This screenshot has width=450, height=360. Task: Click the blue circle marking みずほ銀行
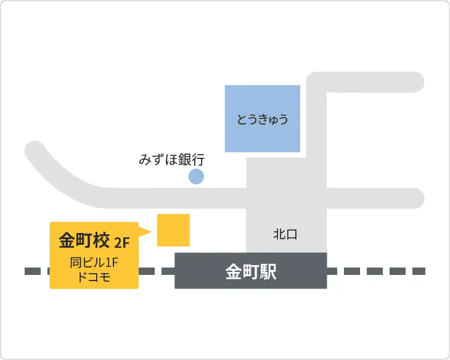point(196,178)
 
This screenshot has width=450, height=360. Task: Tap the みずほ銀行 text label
point(171,160)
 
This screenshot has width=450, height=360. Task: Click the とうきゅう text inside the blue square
point(263,119)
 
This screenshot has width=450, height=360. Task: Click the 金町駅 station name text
point(251,272)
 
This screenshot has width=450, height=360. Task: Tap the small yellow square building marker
point(173,230)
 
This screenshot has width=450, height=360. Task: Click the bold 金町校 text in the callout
point(84,240)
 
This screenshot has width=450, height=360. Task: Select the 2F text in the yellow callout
point(122,241)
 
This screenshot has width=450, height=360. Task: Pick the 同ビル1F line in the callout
point(94,263)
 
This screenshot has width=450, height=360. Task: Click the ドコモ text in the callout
point(94,277)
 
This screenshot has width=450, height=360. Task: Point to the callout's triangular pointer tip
point(151,231)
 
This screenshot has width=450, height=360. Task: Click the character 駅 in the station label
point(268,272)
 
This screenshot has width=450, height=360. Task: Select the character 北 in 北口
point(279,234)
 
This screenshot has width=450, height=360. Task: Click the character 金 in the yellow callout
point(67,240)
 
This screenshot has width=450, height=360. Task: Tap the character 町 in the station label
point(251,272)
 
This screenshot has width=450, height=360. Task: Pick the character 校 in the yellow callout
point(102,240)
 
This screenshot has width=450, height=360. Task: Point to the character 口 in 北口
point(292,234)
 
